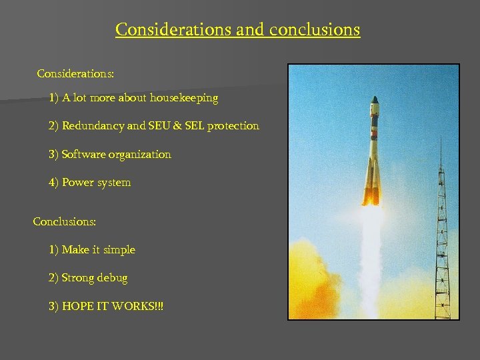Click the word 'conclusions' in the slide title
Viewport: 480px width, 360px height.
pyautogui.click(x=315, y=30)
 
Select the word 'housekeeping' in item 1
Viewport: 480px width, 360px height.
pyautogui.click(x=185, y=98)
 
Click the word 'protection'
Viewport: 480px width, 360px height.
pyautogui.click(x=233, y=126)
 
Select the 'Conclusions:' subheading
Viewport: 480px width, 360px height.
pyautogui.click(x=64, y=221)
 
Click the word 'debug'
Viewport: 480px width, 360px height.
pyautogui.click(x=112, y=278)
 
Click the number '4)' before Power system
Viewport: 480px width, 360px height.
pyautogui.click(x=53, y=183)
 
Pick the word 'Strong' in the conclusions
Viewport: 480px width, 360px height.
pyautogui.click(x=79, y=278)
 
